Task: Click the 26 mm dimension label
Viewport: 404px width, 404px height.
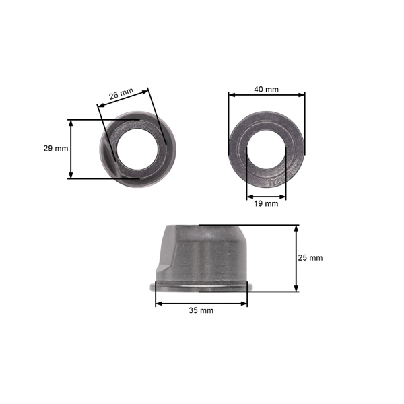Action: [121, 94]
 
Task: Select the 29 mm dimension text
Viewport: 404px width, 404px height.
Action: [56, 148]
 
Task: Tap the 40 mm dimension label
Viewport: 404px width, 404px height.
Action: [266, 89]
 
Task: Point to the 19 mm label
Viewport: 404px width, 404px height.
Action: [266, 203]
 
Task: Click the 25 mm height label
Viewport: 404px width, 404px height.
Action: [310, 258]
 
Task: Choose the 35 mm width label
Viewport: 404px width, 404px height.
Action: [201, 310]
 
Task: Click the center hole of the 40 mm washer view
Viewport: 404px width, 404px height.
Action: [266, 149]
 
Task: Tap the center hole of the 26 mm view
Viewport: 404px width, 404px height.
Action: [137, 149]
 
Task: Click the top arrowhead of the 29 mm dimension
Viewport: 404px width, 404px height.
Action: [71, 123]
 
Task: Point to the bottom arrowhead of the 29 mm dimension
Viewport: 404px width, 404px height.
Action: [71, 175]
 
